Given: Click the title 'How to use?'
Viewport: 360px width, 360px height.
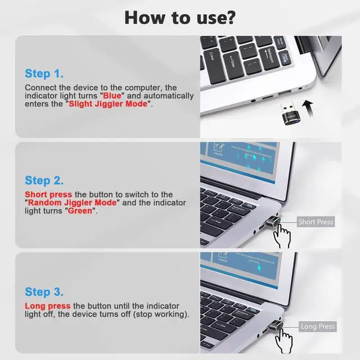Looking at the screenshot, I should tap(180, 16).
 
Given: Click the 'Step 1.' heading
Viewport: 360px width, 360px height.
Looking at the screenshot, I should tap(44, 74).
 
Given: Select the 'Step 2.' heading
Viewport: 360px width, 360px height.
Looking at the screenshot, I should tap(44, 181).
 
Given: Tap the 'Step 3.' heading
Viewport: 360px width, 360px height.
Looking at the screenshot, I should tap(44, 292).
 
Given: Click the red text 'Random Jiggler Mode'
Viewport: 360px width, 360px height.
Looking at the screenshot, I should tap(73, 202).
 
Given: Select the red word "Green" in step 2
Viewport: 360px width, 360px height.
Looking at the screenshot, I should tap(82, 211).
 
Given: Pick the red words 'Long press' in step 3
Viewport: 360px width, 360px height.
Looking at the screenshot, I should tap(47, 305).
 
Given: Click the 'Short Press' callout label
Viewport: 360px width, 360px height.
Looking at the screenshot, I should tap(316, 222).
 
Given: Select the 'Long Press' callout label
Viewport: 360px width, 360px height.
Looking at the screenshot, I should tap(317, 326).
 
